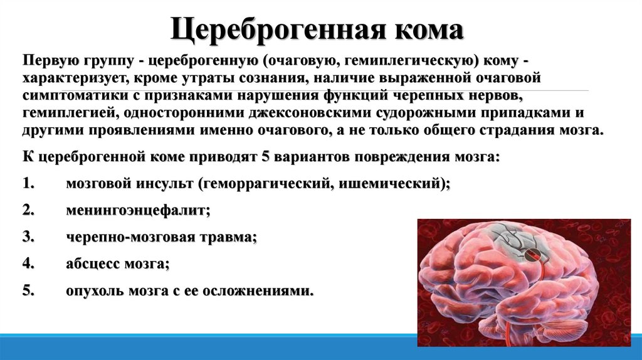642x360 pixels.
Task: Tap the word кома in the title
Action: pos(429,29)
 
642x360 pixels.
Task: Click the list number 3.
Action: pos(28,238)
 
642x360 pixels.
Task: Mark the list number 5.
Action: pos(28,291)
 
